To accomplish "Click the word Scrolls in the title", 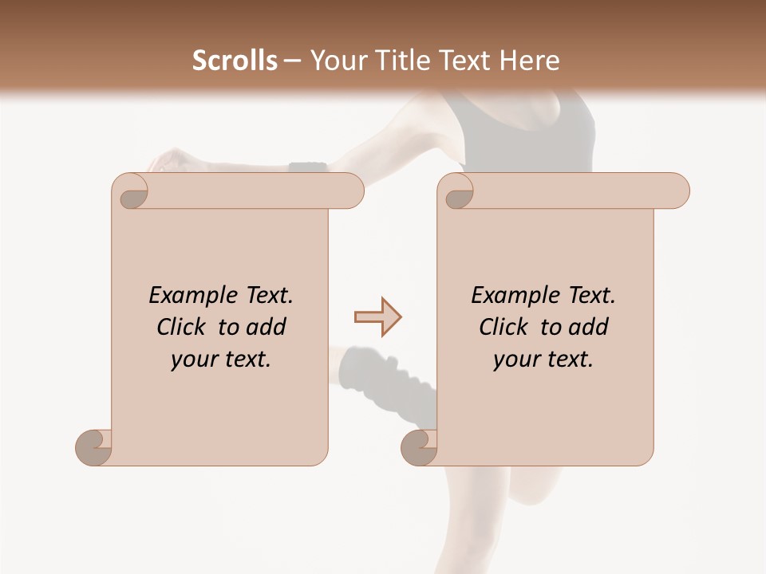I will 235,61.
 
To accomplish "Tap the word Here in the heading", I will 530,61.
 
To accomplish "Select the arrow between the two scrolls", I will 377,317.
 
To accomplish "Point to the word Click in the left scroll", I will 182,327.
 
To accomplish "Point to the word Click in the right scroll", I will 503,327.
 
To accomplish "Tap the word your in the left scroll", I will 192,360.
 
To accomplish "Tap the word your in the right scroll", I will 515,360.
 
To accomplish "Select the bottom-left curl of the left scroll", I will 93,447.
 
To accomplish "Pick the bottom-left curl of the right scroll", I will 419,447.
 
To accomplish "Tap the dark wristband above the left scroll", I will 307,167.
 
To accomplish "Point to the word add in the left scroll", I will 265,327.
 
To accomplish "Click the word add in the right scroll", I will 587,327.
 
